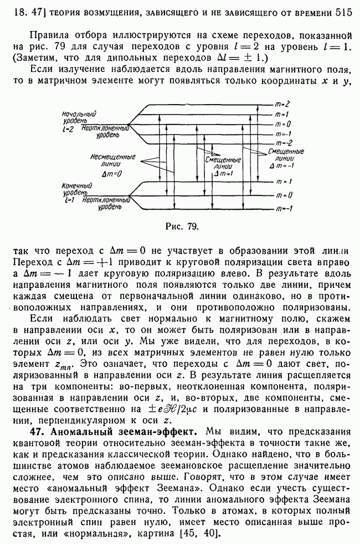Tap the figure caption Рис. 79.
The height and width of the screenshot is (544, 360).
[x=181, y=226]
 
